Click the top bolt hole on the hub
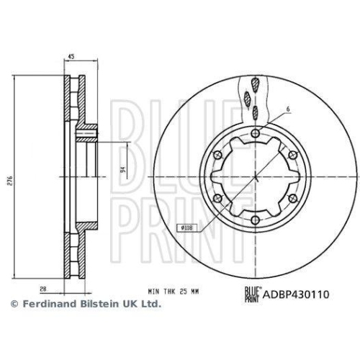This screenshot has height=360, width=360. pyautogui.click(x=256, y=133)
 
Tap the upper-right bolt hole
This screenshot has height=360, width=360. pyautogui.click(x=294, y=155)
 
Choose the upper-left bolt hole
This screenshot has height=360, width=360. pyautogui.click(x=218, y=155)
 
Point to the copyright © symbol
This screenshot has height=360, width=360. pyautogui.click(x=13, y=305)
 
